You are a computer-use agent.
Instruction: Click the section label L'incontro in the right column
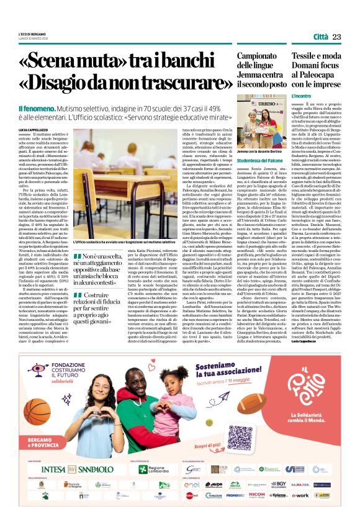coord(285,96)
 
